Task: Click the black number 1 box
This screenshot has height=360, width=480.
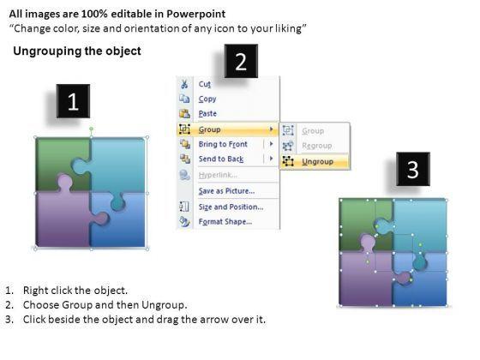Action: [73, 101]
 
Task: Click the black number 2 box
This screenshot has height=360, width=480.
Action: [241, 61]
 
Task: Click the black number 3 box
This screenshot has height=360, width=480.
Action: [413, 169]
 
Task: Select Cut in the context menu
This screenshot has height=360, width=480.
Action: [205, 84]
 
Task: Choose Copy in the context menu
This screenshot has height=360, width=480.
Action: [207, 99]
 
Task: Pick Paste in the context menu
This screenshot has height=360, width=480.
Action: [207, 113]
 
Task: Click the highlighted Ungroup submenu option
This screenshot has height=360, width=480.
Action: [317, 161]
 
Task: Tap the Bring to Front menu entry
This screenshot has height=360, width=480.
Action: [223, 144]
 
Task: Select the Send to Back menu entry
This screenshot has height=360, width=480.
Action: [221, 159]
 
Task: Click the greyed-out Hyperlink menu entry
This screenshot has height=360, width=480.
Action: [218, 175]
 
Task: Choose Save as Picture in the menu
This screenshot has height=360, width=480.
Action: [226, 190]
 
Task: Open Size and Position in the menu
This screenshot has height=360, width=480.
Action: [231, 207]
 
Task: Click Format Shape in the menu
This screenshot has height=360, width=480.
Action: [225, 221]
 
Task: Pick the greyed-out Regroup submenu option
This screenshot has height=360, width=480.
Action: [317, 146]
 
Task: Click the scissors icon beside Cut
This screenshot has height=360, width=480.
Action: [184, 84]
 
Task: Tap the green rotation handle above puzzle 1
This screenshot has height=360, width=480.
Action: [91, 129]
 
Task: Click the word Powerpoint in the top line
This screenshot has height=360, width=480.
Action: [196, 14]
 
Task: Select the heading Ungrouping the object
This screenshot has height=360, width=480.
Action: [77, 51]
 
